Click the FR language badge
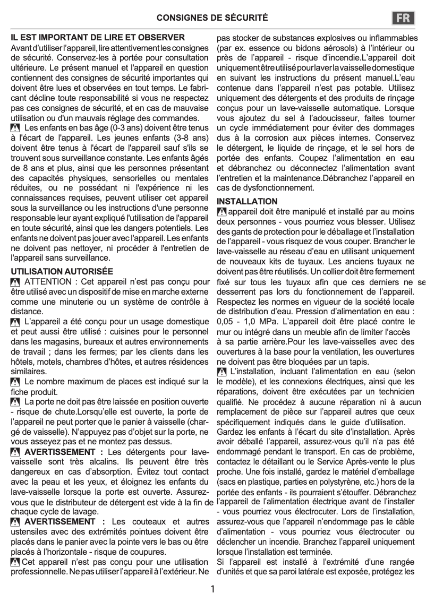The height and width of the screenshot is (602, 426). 404,18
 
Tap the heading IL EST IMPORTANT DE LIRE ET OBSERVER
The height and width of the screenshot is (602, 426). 98,38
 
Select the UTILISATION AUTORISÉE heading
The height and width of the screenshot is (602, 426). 62,271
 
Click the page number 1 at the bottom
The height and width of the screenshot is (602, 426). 212,589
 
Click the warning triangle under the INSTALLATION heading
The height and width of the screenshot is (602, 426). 222,212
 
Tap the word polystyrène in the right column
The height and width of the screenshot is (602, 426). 328,482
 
